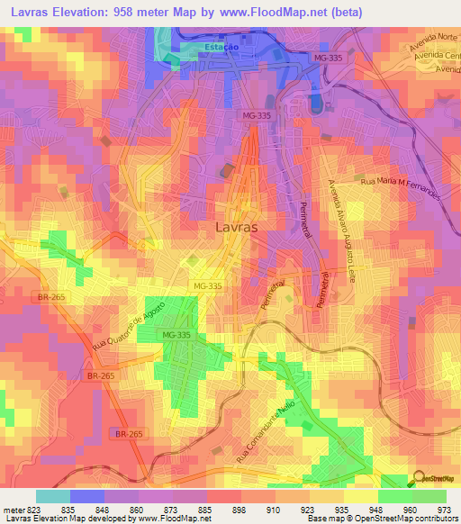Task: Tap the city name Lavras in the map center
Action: coord(237,228)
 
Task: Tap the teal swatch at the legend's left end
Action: coord(53,495)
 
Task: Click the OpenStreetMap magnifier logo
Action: coord(420,478)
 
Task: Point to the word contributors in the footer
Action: coord(438,519)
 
